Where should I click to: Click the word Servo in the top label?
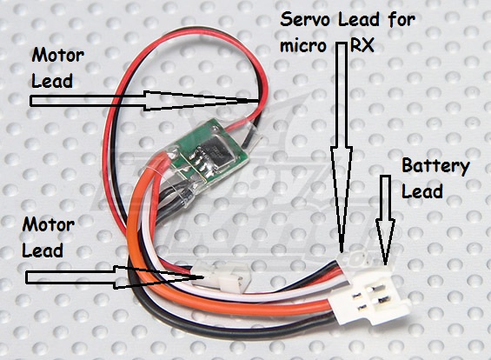click(x=305, y=19)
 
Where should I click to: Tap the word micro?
click(x=303, y=46)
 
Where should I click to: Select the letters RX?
click(x=362, y=45)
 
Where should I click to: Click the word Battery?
click(x=435, y=167)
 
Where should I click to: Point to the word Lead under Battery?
click(x=421, y=190)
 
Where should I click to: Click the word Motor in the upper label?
click(x=57, y=56)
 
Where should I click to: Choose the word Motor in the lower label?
click(x=48, y=224)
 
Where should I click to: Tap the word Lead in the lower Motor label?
click(x=43, y=250)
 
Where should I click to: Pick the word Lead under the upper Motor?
click(x=52, y=81)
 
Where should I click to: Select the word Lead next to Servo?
click(x=359, y=19)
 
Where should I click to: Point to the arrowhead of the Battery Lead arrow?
click(x=386, y=241)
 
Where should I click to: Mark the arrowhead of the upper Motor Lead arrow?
click(x=201, y=101)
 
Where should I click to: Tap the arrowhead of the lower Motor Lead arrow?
click(x=159, y=277)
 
